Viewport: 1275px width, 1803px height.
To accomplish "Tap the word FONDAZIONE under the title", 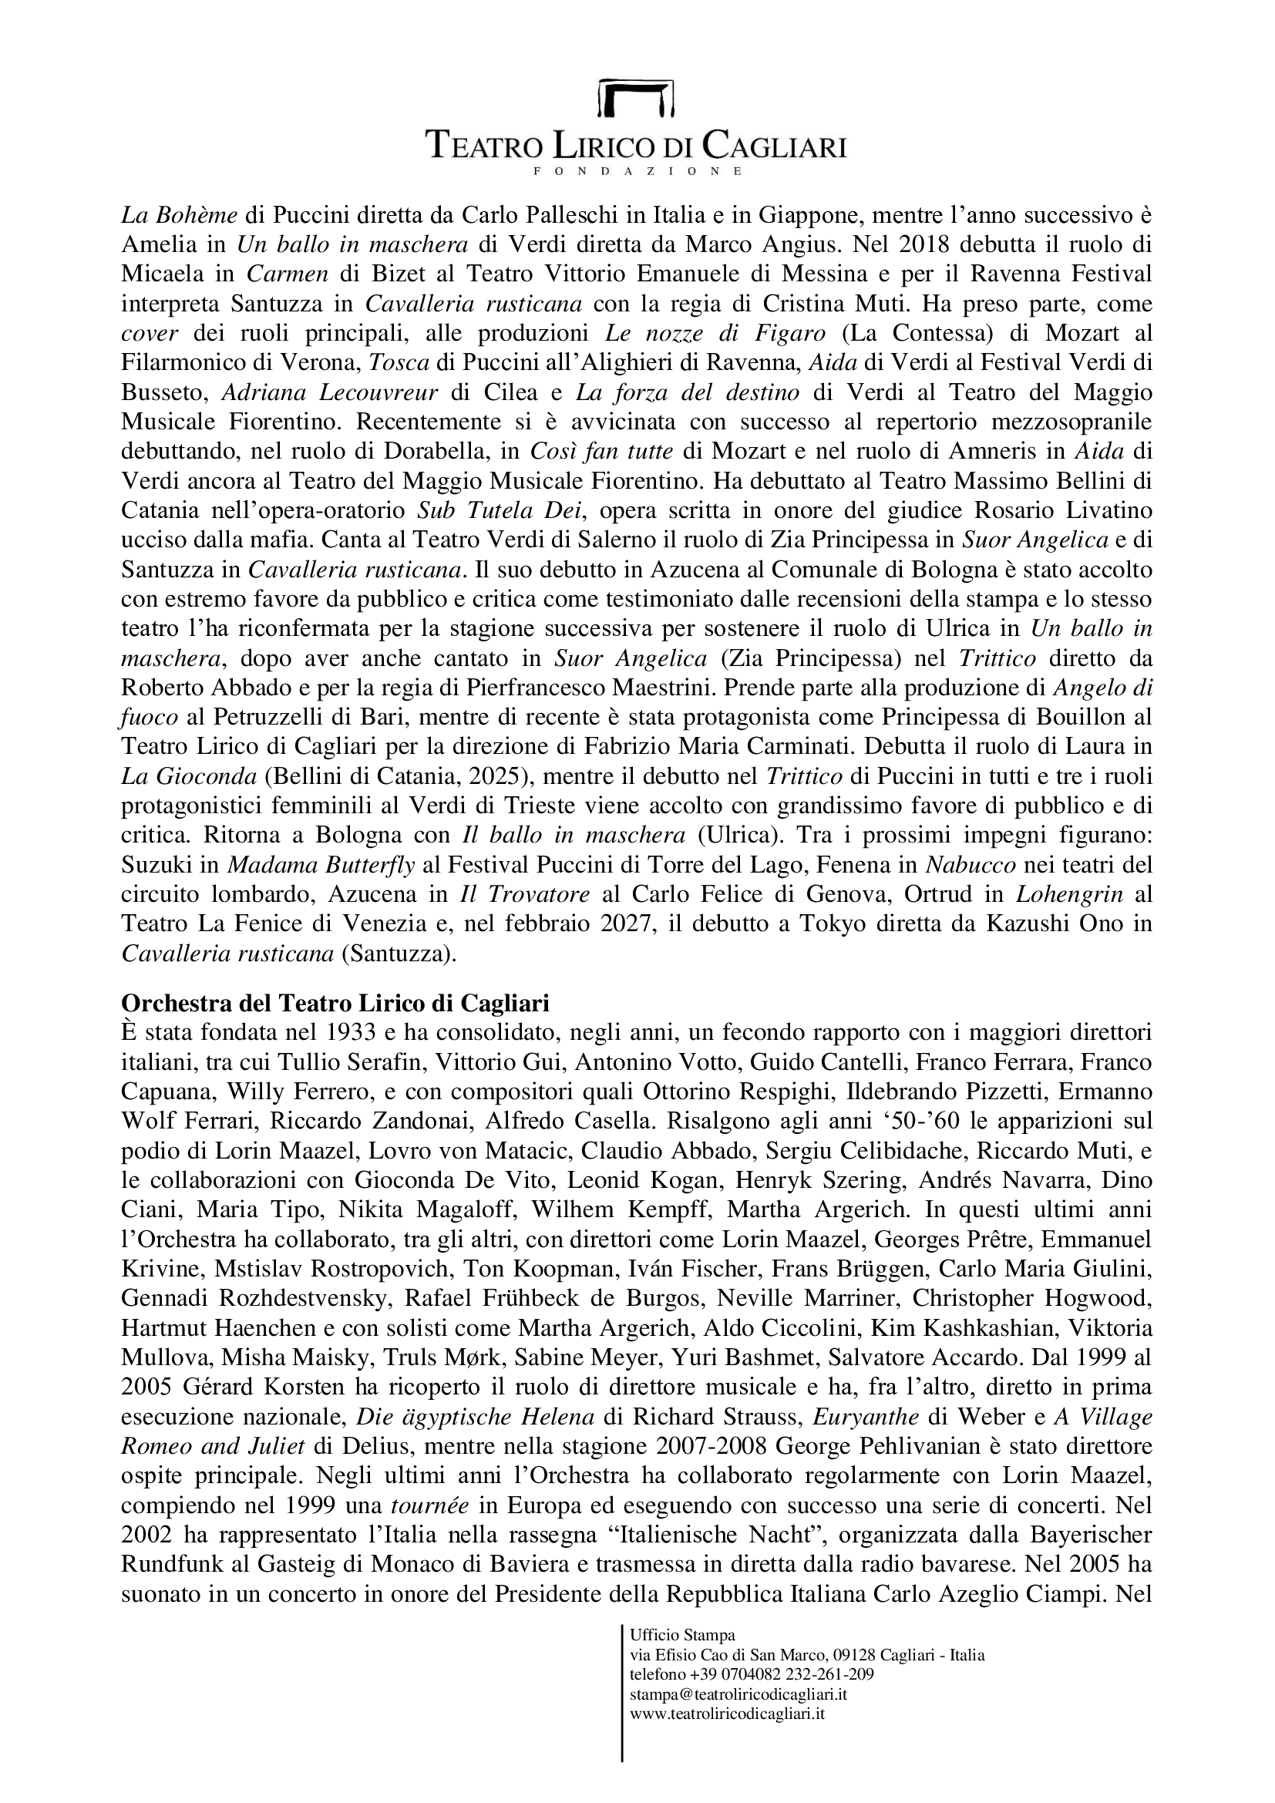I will [637, 170].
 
